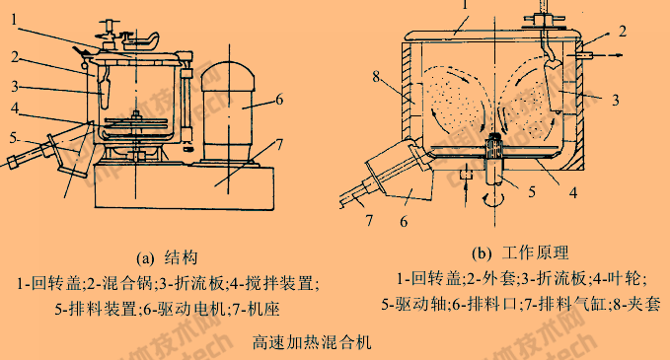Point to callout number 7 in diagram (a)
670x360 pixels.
tap(280, 146)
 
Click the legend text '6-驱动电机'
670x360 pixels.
tap(179, 307)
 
